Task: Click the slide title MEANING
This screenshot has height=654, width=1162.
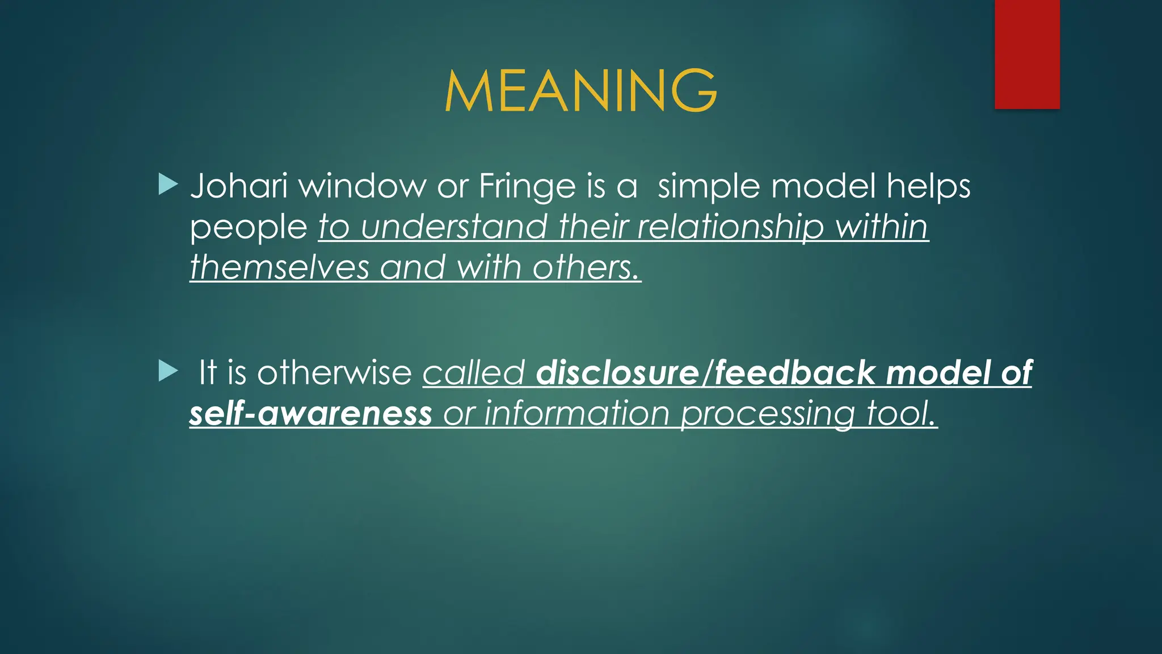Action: (x=580, y=91)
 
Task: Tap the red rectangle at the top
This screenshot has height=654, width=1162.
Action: (x=1027, y=54)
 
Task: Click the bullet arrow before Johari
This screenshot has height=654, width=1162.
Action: (x=168, y=185)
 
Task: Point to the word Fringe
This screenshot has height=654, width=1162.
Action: (x=527, y=187)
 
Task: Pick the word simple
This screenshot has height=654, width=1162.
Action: (x=708, y=187)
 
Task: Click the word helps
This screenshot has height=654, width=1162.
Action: (x=928, y=186)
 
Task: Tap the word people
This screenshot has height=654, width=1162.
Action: (x=248, y=228)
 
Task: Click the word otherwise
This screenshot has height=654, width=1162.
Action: (x=334, y=373)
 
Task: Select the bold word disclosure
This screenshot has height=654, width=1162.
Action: (x=617, y=373)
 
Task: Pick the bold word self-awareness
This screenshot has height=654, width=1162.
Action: (x=310, y=413)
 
